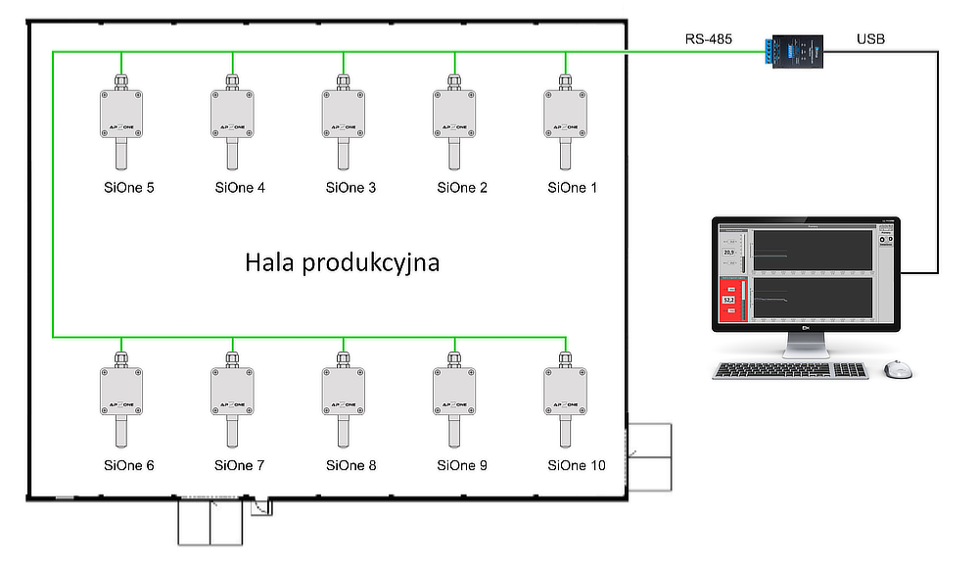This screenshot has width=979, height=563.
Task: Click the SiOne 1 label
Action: pyautogui.click(x=573, y=188)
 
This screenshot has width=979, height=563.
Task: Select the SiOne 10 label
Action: pyautogui.click(x=577, y=465)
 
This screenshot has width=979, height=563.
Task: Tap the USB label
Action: pyautogui.click(x=871, y=40)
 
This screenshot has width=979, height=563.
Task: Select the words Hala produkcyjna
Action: pyautogui.click(x=343, y=262)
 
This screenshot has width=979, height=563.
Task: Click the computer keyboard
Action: pyautogui.click(x=791, y=370)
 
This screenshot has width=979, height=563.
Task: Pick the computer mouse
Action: pyautogui.click(x=897, y=369)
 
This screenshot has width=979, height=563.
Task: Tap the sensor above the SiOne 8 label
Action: pyautogui.click(x=344, y=391)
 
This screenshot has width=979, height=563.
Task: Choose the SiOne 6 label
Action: pyautogui.click(x=129, y=465)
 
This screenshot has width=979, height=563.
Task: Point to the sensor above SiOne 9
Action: pyautogui.click(x=455, y=391)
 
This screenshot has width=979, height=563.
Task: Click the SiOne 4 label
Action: pyautogui.click(x=240, y=188)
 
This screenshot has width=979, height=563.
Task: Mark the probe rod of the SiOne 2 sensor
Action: pyautogui.click(x=455, y=155)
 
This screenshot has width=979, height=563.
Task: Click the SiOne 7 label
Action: pyautogui.click(x=240, y=465)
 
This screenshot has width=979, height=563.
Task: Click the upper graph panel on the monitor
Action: pyautogui.click(x=812, y=252)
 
